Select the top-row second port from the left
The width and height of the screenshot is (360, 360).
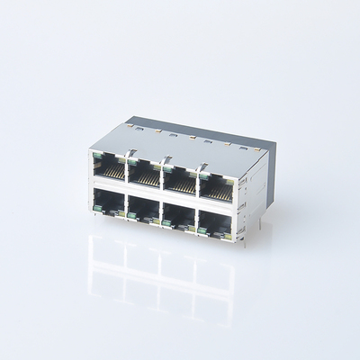tap(143, 171)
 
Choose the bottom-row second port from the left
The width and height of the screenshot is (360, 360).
tap(143, 208)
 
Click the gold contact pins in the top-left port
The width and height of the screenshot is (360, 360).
tap(110, 170)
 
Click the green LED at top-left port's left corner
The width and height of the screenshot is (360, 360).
tap(95, 157)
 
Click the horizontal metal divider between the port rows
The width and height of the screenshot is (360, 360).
tap(162, 189)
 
